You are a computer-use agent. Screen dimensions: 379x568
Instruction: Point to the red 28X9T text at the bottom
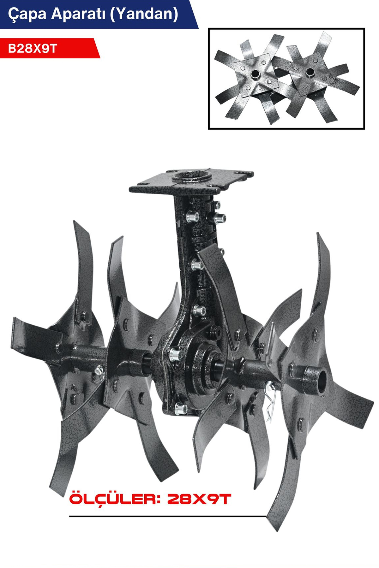199,500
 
